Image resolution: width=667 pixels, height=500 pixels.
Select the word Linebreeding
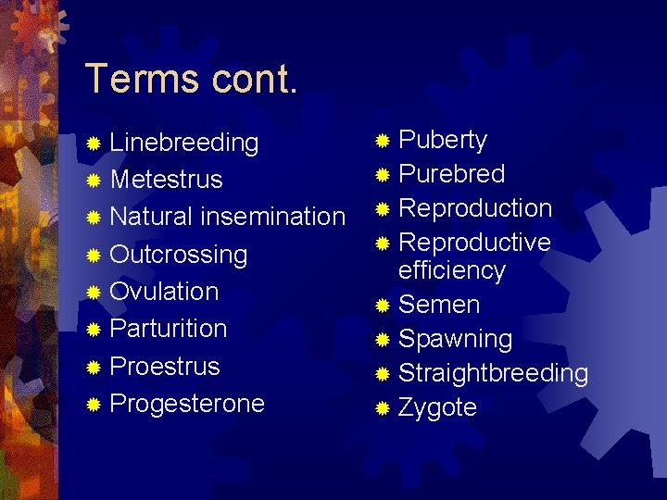tap(183, 143)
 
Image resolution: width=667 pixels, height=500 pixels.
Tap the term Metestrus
tap(166, 180)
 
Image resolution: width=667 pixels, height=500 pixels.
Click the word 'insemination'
tap(272, 217)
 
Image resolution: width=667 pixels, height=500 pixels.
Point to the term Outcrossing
tap(178, 255)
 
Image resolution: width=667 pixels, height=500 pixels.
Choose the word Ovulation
tap(164, 292)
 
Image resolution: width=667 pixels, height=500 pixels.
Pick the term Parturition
tap(168, 329)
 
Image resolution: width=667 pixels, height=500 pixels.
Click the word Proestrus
tap(164, 366)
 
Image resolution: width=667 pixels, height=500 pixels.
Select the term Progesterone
tap(186, 404)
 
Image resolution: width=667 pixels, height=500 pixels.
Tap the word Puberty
tap(442, 141)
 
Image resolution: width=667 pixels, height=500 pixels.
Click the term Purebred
tap(451, 174)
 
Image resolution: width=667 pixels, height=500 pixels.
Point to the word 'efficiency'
tap(451, 270)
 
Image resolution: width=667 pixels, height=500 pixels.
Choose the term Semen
tap(438, 305)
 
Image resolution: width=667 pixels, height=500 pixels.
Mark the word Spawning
tap(455, 340)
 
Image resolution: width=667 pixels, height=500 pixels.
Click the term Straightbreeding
tap(493, 373)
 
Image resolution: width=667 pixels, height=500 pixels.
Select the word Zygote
tap(437, 407)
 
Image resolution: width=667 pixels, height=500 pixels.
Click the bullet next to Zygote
tap(383, 407)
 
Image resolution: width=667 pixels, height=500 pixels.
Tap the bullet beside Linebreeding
tap(93, 144)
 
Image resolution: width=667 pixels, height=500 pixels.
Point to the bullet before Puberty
tap(383, 141)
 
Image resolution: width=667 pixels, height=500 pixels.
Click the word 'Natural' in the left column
tap(151, 217)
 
